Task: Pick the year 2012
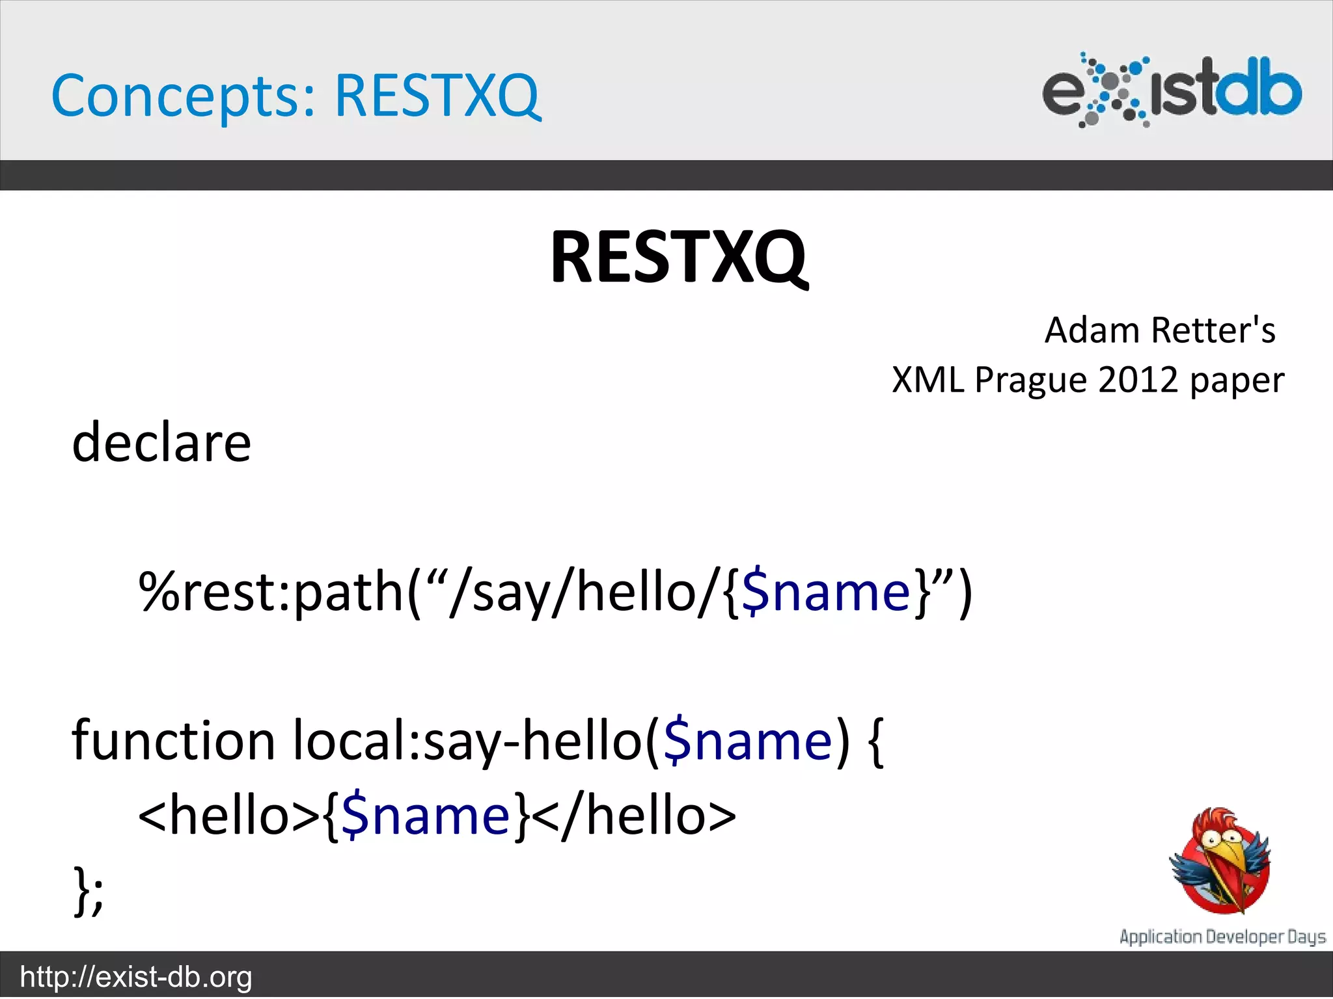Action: [x=1138, y=380]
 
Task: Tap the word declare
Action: [x=161, y=442]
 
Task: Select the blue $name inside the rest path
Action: [x=825, y=592]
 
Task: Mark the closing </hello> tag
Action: [x=634, y=816]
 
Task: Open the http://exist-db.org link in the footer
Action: [x=136, y=977]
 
